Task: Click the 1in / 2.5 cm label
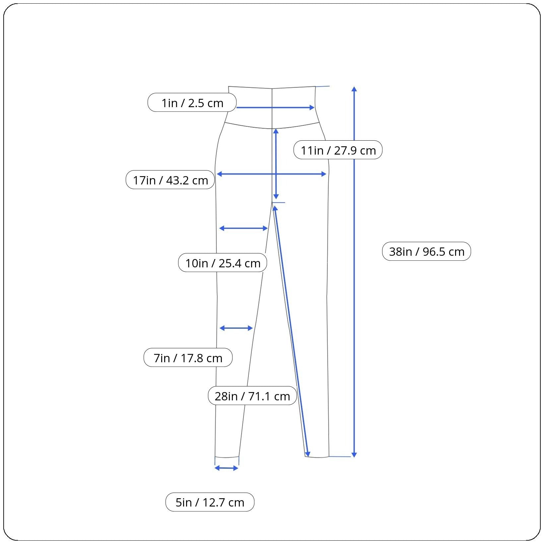tap(192, 102)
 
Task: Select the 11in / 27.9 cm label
tap(338, 150)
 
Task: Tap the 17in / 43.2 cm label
tap(170, 180)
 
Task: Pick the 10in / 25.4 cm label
tap(223, 263)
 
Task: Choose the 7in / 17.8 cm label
tap(188, 358)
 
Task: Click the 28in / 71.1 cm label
tap(252, 396)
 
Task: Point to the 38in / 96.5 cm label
tap(427, 251)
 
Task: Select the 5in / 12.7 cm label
tap(210, 502)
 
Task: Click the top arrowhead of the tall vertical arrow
tap(354, 89)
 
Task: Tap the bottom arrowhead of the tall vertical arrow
tap(354, 455)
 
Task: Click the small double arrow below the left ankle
tap(227, 468)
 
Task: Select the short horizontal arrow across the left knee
tap(236, 328)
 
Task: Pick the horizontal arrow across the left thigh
tap(243, 228)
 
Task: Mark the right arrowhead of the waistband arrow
tap(312, 107)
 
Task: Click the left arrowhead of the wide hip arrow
tap(219, 174)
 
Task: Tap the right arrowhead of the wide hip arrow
tap(324, 174)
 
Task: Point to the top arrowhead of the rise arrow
tap(276, 132)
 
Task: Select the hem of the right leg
tap(317, 457)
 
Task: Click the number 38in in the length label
tap(402, 251)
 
